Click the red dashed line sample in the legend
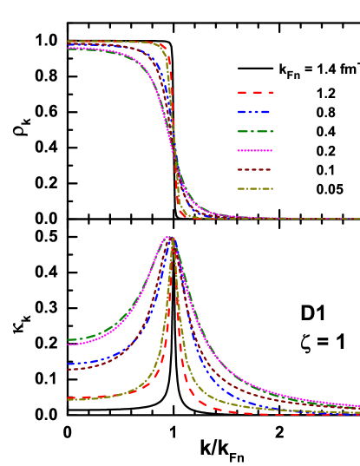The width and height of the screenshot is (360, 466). click(255, 92)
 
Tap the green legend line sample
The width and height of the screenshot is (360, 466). click(255, 131)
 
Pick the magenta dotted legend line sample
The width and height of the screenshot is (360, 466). click(255, 150)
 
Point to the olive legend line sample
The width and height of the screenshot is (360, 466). click(255, 188)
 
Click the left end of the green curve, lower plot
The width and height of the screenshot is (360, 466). click(69, 339)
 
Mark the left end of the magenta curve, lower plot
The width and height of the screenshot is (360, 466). click(69, 345)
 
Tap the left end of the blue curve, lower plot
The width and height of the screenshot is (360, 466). click(69, 364)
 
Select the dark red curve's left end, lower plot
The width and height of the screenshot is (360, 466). click(69, 369)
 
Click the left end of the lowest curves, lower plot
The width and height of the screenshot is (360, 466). click(69, 398)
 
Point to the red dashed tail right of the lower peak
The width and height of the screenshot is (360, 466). click(208, 405)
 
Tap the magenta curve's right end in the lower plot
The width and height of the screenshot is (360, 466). click(357, 405)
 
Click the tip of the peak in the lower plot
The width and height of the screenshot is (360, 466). click(171, 237)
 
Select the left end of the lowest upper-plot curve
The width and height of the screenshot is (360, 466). click(69, 49)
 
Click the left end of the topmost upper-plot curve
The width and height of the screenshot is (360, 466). click(69, 41)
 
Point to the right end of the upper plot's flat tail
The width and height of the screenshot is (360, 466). click(358, 219)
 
